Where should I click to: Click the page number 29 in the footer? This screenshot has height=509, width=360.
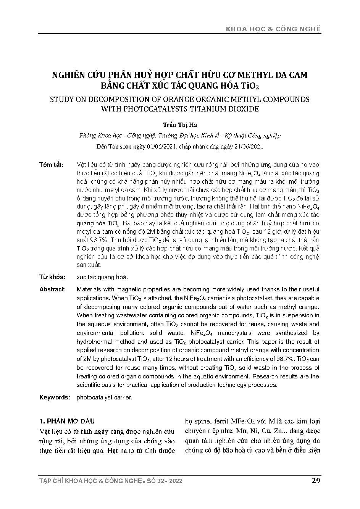pos(316,480)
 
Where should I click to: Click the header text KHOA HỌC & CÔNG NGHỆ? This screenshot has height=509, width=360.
pos(274,29)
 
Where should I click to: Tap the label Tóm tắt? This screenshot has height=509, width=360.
pos(52,165)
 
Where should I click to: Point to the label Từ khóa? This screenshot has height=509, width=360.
pos(52,277)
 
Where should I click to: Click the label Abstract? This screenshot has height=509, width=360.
pos(53,289)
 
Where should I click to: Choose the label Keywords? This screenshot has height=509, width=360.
pos(55,398)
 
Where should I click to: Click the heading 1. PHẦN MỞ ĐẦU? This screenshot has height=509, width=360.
pos(67,421)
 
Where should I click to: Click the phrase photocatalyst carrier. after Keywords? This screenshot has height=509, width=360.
pos(104,398)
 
